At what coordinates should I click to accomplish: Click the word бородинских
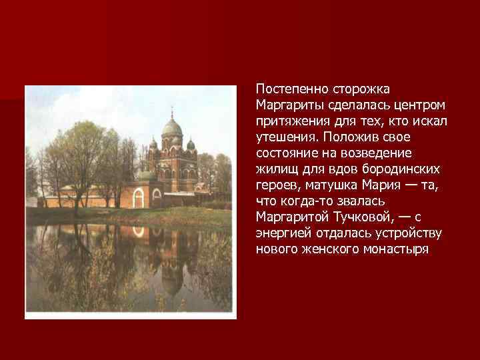(x=407, y=169)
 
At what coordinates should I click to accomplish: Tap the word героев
(x=275, y=185)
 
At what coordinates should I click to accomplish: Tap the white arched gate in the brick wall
(x=139, y=198)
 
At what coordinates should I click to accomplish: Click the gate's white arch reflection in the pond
(x=139, y=231)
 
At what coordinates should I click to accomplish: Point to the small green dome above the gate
(x=146, y=175)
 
